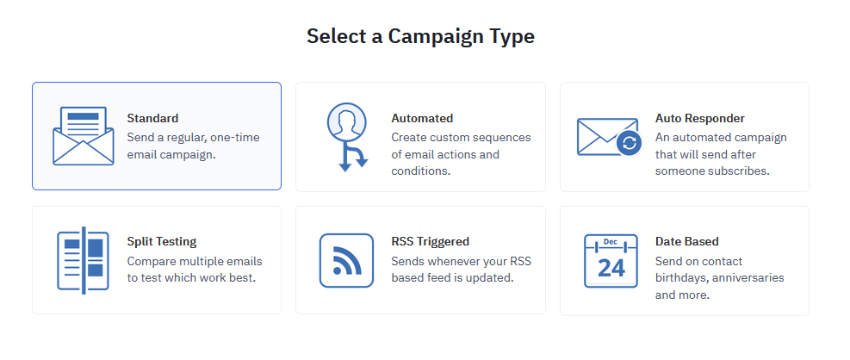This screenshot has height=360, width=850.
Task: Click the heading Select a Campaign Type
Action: pos(420,37)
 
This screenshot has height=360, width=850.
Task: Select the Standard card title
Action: pos(152,118)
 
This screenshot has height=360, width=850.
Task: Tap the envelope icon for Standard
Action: pos(83,136)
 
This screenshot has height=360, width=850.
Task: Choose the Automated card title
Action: pos(422,118)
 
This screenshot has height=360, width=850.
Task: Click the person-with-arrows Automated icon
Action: pos(347,137)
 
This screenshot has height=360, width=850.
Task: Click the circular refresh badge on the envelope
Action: pos(630,143)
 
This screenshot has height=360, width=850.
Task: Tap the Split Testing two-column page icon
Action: pos(83,261)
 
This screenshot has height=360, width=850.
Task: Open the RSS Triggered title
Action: pos(430,241)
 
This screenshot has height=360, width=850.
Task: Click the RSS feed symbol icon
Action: pos(346,260)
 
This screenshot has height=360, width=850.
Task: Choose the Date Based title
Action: pos(687,241)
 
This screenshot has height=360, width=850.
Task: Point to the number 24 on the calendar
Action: pos(611,267)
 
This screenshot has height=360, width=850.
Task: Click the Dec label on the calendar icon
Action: pos(611,242)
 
